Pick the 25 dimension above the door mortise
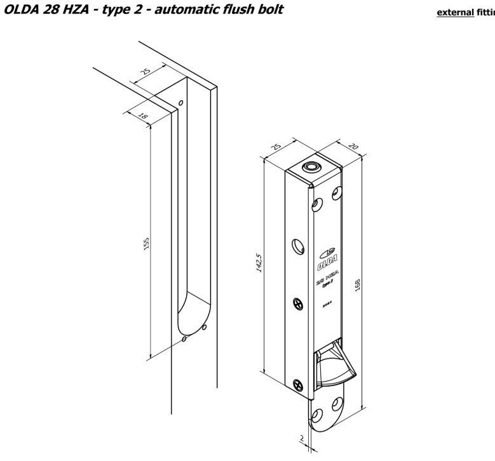click(147, 71)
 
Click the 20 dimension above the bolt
click(354, 147)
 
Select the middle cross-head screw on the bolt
click(297, 304)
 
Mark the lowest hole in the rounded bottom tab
click(316, 417)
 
